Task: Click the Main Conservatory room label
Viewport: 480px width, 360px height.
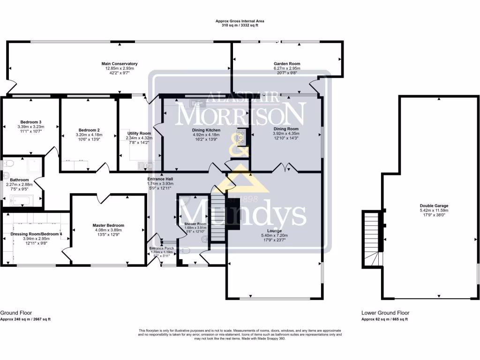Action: pos(120,63)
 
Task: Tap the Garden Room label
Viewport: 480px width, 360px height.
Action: pos(287,64)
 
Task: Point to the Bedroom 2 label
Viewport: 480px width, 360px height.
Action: pos(89,130)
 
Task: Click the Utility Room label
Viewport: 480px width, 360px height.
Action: pos(139,134)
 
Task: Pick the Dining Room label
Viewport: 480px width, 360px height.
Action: pos(286,128)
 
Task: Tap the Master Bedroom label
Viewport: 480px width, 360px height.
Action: pos(108,225)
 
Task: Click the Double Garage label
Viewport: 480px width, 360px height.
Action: pos(434,205)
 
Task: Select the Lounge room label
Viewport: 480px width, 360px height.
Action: pos(274,231)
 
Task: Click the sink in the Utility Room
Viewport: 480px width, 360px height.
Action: pos(143,165)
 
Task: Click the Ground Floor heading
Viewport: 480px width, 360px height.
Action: pos(16,313)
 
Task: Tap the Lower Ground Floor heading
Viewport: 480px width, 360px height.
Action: pos(385,313)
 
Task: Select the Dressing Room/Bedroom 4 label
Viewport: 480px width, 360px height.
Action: pos(36,233)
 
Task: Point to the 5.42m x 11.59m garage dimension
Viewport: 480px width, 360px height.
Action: pos(434,210)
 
